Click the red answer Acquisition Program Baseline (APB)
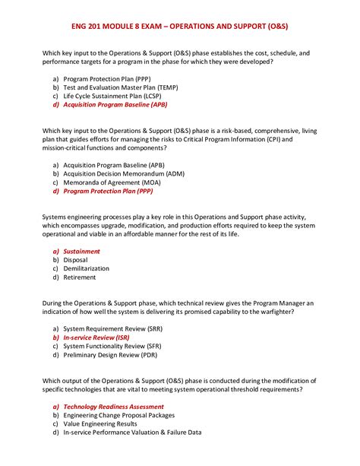click(x=115, y=106)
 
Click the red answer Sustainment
click(x=81, y=251)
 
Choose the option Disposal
click(x=75, y=260)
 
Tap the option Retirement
click(x=79, y=278)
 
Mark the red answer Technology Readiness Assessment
click(x=113, y=406)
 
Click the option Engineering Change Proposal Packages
click(x=118, y=415)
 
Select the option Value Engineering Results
click(x=101, y=424)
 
